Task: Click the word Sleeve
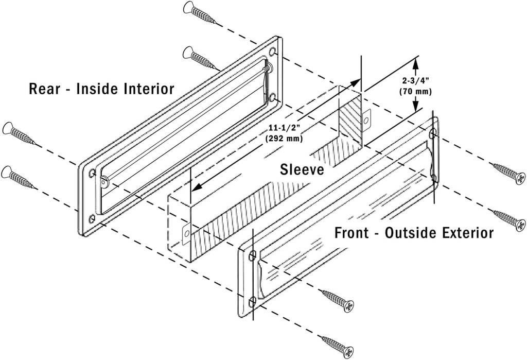coord(302,169)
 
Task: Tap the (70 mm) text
coord(415,91)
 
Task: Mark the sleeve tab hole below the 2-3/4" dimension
coord(366,120)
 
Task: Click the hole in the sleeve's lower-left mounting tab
coord(186,231)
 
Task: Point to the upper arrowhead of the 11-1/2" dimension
coord(356,82)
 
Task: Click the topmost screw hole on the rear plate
coord(272,52)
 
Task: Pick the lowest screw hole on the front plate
coord(252,301)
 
